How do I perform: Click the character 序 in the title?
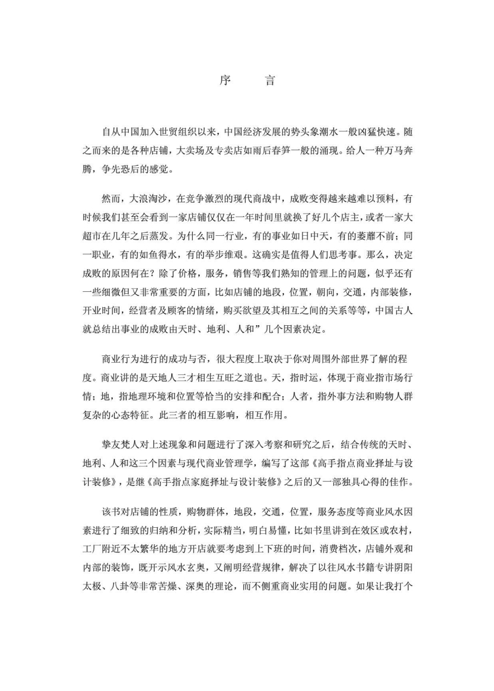[225, 81]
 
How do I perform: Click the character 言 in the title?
[270, 81]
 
